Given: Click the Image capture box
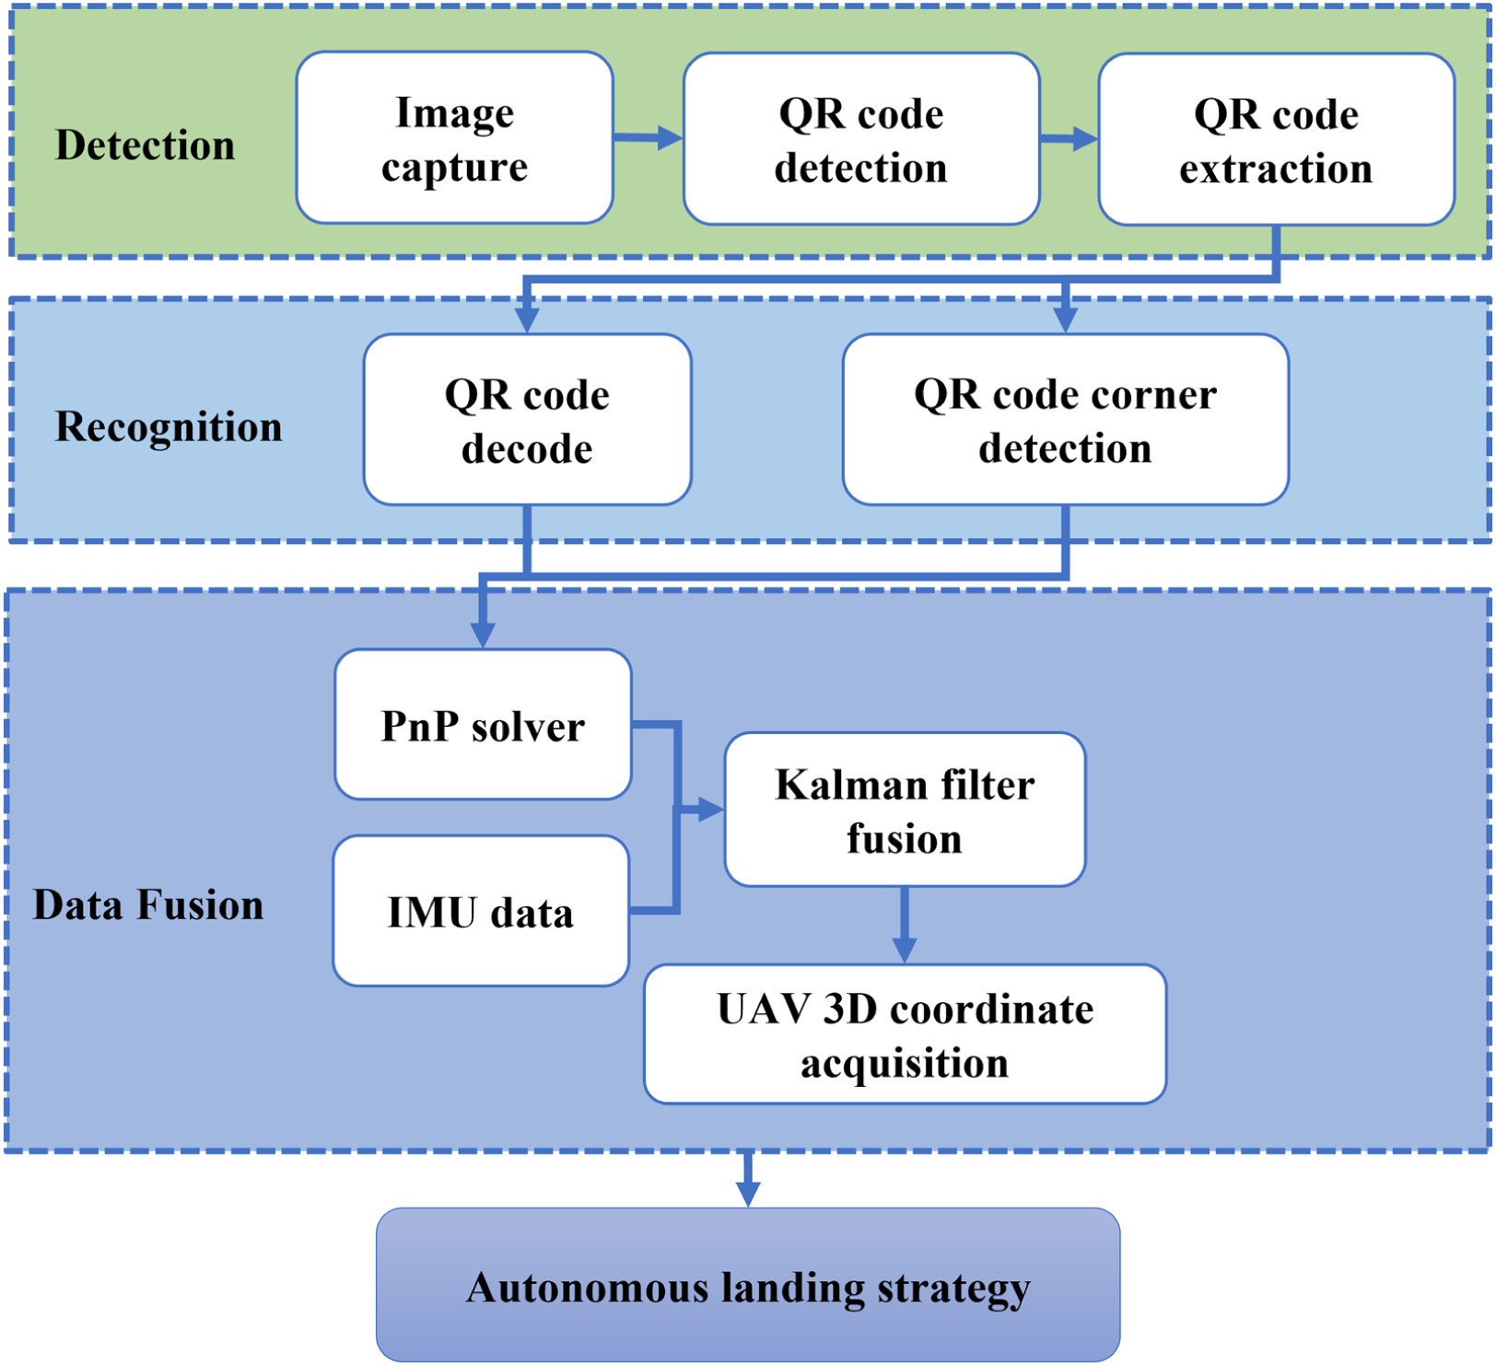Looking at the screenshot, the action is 455,138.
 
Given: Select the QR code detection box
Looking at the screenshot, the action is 861,139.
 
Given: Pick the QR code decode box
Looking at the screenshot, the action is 528,420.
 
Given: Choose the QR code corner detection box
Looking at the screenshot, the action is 1066,420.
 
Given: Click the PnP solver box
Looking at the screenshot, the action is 484,725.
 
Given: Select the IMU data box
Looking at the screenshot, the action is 482,911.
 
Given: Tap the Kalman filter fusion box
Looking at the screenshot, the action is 906,810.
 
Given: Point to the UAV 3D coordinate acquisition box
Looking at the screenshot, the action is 906,1034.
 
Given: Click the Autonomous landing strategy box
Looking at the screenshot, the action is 748,1285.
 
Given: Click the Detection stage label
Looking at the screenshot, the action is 145,145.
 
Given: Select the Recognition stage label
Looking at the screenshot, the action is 169,426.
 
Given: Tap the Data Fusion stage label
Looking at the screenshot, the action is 148,905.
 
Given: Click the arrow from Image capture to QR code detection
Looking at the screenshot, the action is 649,138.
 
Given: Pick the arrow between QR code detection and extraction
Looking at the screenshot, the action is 1069,139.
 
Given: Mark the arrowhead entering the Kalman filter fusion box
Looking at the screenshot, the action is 711,810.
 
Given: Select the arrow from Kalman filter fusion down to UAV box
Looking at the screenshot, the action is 905,925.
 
